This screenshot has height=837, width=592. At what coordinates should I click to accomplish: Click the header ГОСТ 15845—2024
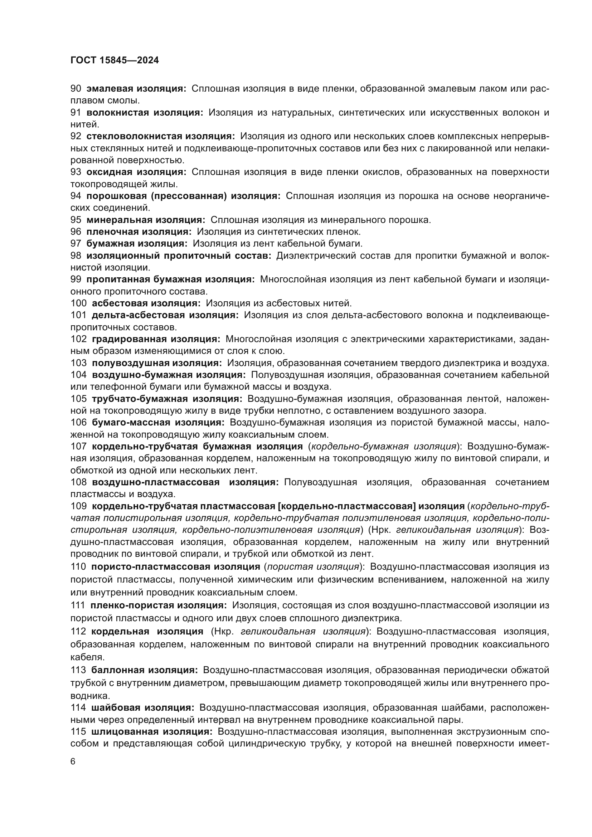click(115, 60)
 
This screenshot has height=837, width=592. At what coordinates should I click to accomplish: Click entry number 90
click(76, 89)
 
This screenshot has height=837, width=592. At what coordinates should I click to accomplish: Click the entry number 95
click(76, 220)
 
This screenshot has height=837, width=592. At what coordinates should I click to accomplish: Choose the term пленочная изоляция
click(139, 232)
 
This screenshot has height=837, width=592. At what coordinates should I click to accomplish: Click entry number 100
click(78, 303)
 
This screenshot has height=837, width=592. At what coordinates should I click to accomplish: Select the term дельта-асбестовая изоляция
click(165, 315)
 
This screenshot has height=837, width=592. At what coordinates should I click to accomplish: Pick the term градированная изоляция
click(156, 339)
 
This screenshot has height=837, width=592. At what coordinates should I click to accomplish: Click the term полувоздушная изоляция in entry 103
click(157, 363)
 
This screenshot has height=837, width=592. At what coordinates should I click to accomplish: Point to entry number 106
click(78, 423)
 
